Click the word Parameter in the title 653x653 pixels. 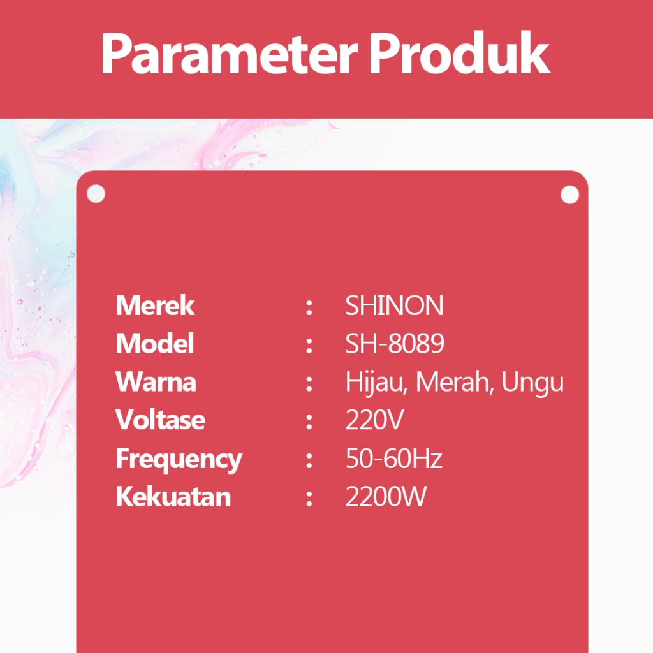click(230, 54)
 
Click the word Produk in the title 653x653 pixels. click(459, 53)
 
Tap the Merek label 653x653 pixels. click(155, 305)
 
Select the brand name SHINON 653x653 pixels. click(394, 305)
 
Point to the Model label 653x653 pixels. click(154, 343)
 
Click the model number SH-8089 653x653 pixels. click(395, 344)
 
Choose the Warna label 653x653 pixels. click(156, 381)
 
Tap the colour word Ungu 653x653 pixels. click(532, 383)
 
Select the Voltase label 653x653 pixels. click(160, 420)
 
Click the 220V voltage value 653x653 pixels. click(374, 420)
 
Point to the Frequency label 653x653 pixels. click(179, 460)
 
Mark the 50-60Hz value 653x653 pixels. click(394, 458)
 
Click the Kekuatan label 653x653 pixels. click(173, 496)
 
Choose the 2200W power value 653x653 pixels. click(386, 496)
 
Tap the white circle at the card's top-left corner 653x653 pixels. click(96, 194)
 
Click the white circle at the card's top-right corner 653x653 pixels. click(570, 194)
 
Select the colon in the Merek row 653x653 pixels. click(309, 307)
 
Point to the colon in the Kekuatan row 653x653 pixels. click(309, 498)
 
